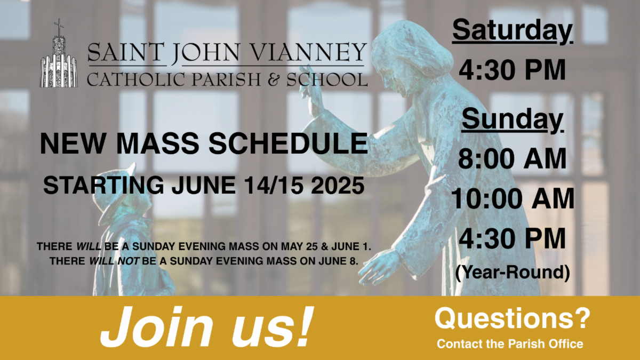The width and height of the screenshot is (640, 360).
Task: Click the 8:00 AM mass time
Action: (x=513, y=158)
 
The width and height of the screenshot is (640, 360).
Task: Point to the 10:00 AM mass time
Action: (x=513, y=198)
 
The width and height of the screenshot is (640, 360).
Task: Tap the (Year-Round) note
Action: (x=513, y=273)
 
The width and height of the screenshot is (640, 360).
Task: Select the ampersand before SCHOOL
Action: (x=274, y=79)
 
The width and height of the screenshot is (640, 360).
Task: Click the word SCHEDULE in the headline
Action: (x=288, y=143)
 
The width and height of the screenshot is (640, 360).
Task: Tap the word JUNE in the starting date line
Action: (x=204, y=186)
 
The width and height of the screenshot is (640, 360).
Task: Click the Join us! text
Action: (x=206, y=327)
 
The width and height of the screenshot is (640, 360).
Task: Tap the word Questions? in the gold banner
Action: (x=513, y=318)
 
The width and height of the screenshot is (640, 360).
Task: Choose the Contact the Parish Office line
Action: (x=510, y=344)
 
